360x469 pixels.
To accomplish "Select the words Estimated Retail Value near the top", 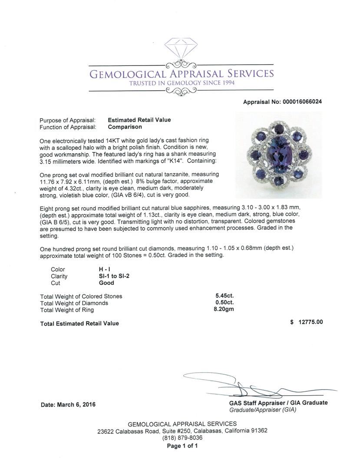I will pyautogui.click(x=139, y=120).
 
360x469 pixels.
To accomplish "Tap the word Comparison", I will pyautogui.click(x=125, y=127).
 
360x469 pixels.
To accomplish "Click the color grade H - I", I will pyautogui.click(x=104, y=269).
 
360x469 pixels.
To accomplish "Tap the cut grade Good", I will pyautogui.click(x=106, y=283).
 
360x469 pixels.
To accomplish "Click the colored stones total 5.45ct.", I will pyautogui.click(x=225, y=296).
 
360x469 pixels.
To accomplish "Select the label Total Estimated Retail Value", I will pyautogui.click(x=79, y=324).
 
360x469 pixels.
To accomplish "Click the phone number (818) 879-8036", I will pyautogui.click(x=182, y=438).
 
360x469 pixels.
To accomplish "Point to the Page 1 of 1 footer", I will pyautogui.click(x=182, y=446).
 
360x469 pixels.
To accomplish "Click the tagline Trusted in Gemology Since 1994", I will pyautogui.click(x=182, y=83).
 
